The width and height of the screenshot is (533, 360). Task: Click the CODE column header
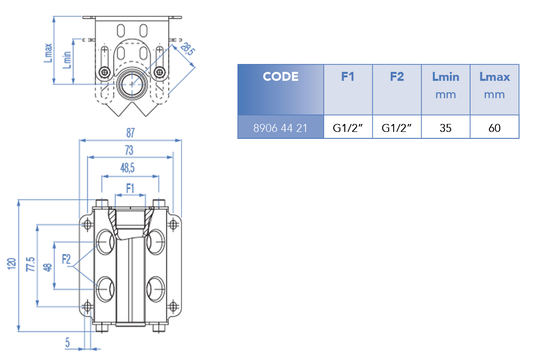281,77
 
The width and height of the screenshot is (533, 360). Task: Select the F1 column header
348,77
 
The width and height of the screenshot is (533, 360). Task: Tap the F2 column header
397,77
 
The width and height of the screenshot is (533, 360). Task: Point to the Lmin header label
445,77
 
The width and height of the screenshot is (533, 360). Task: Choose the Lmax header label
494,77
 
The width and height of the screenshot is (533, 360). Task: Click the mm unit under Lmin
445,94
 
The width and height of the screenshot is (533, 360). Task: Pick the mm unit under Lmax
494,94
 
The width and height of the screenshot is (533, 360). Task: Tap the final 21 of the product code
301,128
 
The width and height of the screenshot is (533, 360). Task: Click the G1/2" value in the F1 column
348,128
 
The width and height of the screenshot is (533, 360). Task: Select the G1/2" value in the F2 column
397,128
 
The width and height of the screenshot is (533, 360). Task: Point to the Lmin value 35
445,128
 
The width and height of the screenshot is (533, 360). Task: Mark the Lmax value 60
494,128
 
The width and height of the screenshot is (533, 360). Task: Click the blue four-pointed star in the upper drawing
133,85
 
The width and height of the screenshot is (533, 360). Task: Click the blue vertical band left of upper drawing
62,66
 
